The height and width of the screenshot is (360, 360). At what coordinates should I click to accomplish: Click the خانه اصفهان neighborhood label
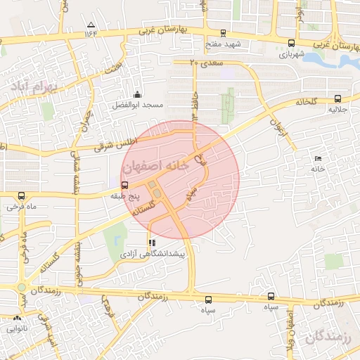click(155, 167)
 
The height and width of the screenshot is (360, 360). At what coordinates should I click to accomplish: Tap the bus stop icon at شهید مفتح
click(223, 32)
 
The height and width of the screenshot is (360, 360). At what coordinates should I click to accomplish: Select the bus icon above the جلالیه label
click(338, 99)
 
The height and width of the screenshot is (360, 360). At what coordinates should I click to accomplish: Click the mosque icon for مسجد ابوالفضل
click(137, 94)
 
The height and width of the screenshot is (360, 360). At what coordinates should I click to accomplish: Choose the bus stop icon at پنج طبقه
click(124, 185)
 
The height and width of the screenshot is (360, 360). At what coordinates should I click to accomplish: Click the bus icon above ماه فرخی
click(21, 196)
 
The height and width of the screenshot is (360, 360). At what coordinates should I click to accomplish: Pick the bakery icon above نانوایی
click(17, 319)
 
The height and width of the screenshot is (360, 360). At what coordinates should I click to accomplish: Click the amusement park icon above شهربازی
click(291, 42)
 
